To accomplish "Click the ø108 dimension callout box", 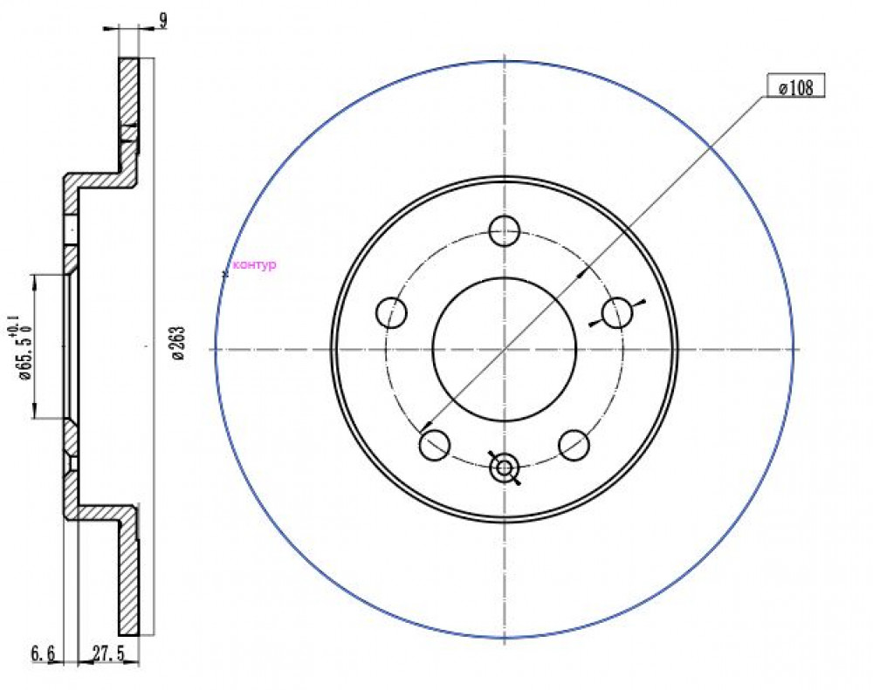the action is pos(795,86).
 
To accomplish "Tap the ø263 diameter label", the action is pos(177,344).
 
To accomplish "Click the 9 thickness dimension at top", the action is pos(163,21).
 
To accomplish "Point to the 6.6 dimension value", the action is pos(43,653).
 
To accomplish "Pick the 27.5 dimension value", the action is pos(108,653).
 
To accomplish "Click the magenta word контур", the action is pos(254,265).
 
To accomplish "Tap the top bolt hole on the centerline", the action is pos(504,229).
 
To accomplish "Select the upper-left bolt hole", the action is pos(391,312).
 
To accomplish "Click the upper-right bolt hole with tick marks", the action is pos(617,313).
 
